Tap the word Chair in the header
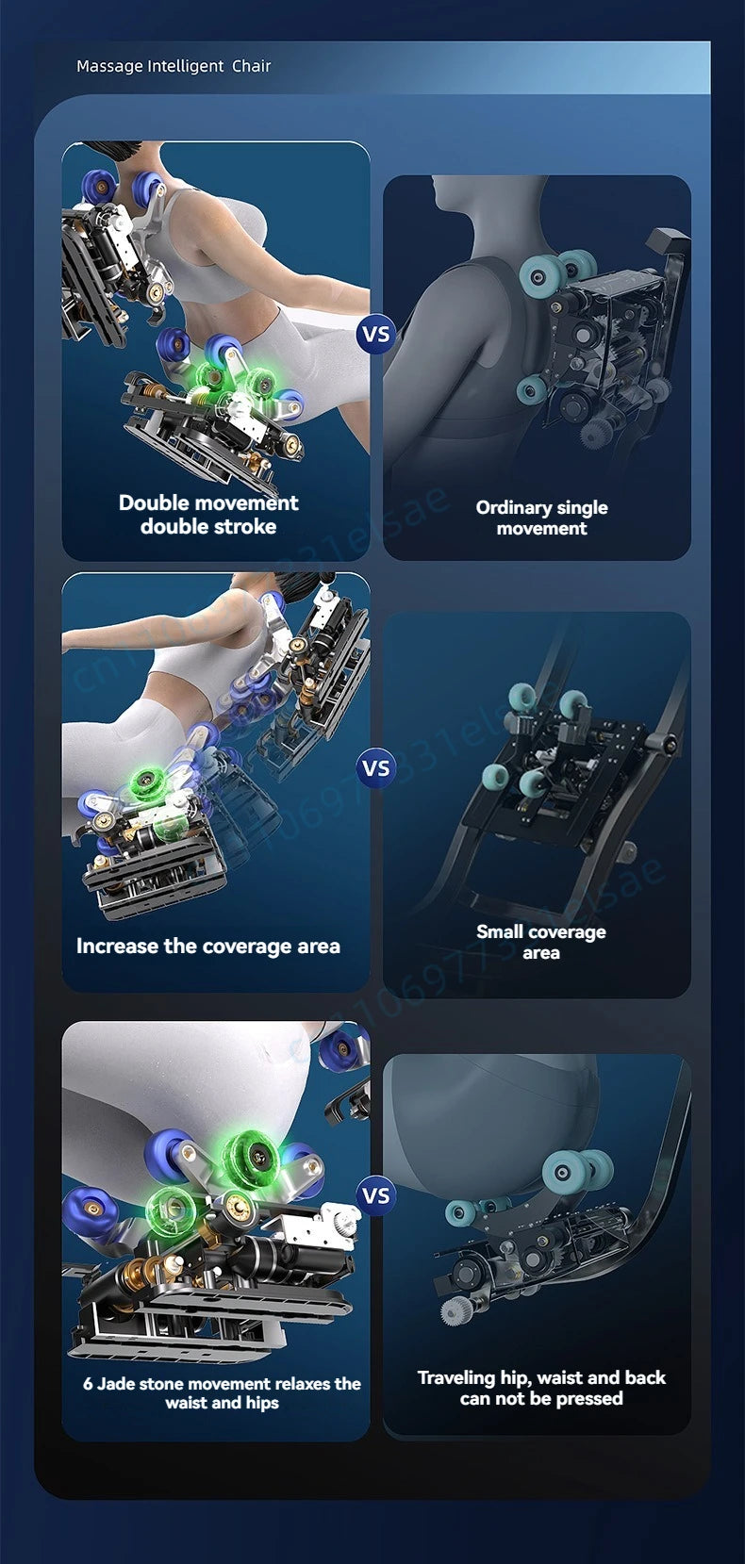[x=252, y=66]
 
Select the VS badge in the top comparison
[x=376, y=334]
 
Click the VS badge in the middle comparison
[x=376, y=768]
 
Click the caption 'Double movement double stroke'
[x=208, y=515]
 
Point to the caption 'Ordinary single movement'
[x=542, y=518]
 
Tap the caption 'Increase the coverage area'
[x=208, y=947]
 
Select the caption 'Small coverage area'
[x=541, y=942]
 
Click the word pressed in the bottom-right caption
[x=589, y=1398]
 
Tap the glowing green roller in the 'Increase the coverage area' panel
[x=146, y=780]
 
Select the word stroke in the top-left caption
[x=243, y=526]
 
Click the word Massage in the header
[x=100, y=66]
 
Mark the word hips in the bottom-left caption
[x=262, y=1403]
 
